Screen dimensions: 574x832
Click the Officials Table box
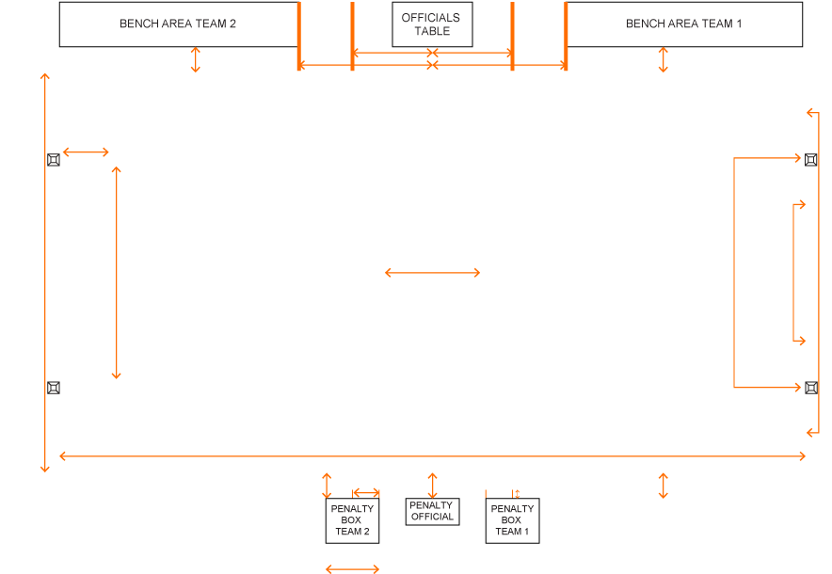click(431, 24)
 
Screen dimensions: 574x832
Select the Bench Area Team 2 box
click(178, 24)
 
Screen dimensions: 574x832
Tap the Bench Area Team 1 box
click(683, 24)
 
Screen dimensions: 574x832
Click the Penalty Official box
click(432, 511)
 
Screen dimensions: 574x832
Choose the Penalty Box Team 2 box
click(352, 520)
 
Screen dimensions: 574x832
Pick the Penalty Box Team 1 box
click(511, 520)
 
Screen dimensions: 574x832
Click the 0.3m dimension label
click(531, 494)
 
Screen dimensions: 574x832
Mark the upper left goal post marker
click(54, 160)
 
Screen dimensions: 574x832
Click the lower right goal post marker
click(810, 387)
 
